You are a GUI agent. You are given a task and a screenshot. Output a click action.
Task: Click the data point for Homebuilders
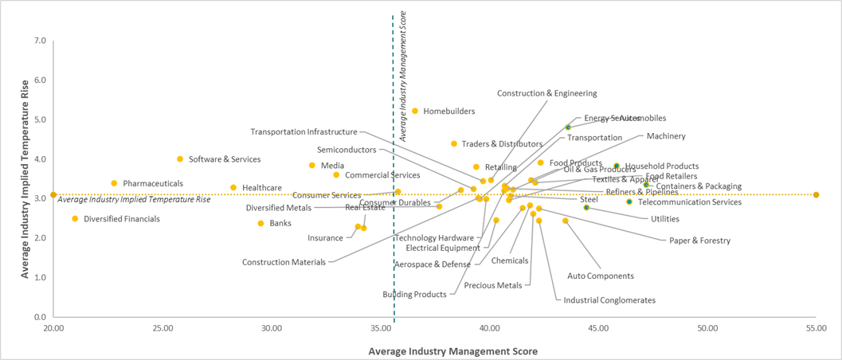(415, 111)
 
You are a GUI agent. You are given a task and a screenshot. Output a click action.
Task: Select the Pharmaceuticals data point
(114, 183)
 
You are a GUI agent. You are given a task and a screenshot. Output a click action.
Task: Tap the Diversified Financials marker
(75, 218)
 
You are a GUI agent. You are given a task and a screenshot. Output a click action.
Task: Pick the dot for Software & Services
(180, 159)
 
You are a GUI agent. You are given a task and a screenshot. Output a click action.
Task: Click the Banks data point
(260, 223)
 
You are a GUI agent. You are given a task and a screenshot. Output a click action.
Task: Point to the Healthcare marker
(233, 188)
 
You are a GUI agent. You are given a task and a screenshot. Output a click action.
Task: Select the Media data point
(312, 166)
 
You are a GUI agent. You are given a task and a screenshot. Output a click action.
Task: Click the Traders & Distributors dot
(454, 144)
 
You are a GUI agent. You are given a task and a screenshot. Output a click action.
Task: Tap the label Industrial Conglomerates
(609, 300)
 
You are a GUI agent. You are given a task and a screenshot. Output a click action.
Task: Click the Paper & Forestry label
(699, 241)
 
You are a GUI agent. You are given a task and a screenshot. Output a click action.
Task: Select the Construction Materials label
(284, 262)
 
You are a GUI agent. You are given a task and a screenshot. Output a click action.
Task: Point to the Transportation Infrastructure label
(304, 132)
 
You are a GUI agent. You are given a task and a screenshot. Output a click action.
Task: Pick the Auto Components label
(600, 276)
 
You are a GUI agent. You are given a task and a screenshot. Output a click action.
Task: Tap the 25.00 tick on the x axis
(163, 328)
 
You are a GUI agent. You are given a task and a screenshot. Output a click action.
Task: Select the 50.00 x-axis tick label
(707, 328)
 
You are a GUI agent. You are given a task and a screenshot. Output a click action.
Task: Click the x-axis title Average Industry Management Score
(452, 351)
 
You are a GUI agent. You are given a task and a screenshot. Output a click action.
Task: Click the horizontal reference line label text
(134, 199)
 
